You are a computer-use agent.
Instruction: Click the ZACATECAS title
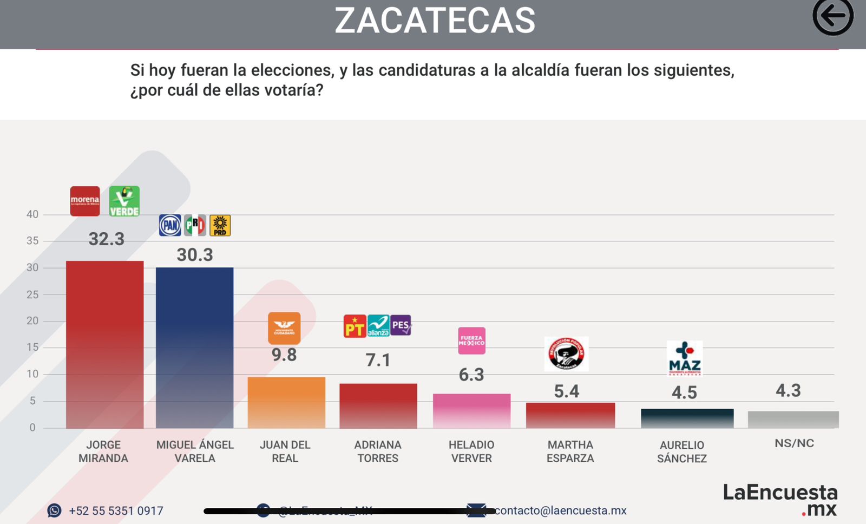tap(435, 21)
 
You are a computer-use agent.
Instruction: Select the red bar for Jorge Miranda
tap(104, 344)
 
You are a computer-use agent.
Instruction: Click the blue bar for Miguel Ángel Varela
tap(194, 348)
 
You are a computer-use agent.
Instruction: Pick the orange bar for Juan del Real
tap(286, 402)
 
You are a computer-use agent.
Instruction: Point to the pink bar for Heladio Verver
tap(471, 411)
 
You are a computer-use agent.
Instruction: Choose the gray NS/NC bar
tap(793, 420)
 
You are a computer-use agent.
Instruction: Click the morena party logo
tap(85, 201)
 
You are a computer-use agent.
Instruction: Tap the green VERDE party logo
tap(124, 201)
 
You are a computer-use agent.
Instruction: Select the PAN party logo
tap(170, 225)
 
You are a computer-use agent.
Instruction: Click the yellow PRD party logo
tap(220, 225)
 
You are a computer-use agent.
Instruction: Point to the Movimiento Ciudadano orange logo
tap(284, 328)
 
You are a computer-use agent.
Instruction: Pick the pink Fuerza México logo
tap(471, 340)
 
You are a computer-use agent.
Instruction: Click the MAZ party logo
tap(684, 358)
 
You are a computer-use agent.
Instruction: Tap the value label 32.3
tap(107, 239)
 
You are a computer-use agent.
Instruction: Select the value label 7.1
tap(378, 360)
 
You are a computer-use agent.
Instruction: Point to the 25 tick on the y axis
tap(32, 294)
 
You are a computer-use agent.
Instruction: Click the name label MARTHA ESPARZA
tap(570, 451)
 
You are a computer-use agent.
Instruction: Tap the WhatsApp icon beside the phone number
tap(54, 510)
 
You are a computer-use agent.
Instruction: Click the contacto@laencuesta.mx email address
tap(560, 510)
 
